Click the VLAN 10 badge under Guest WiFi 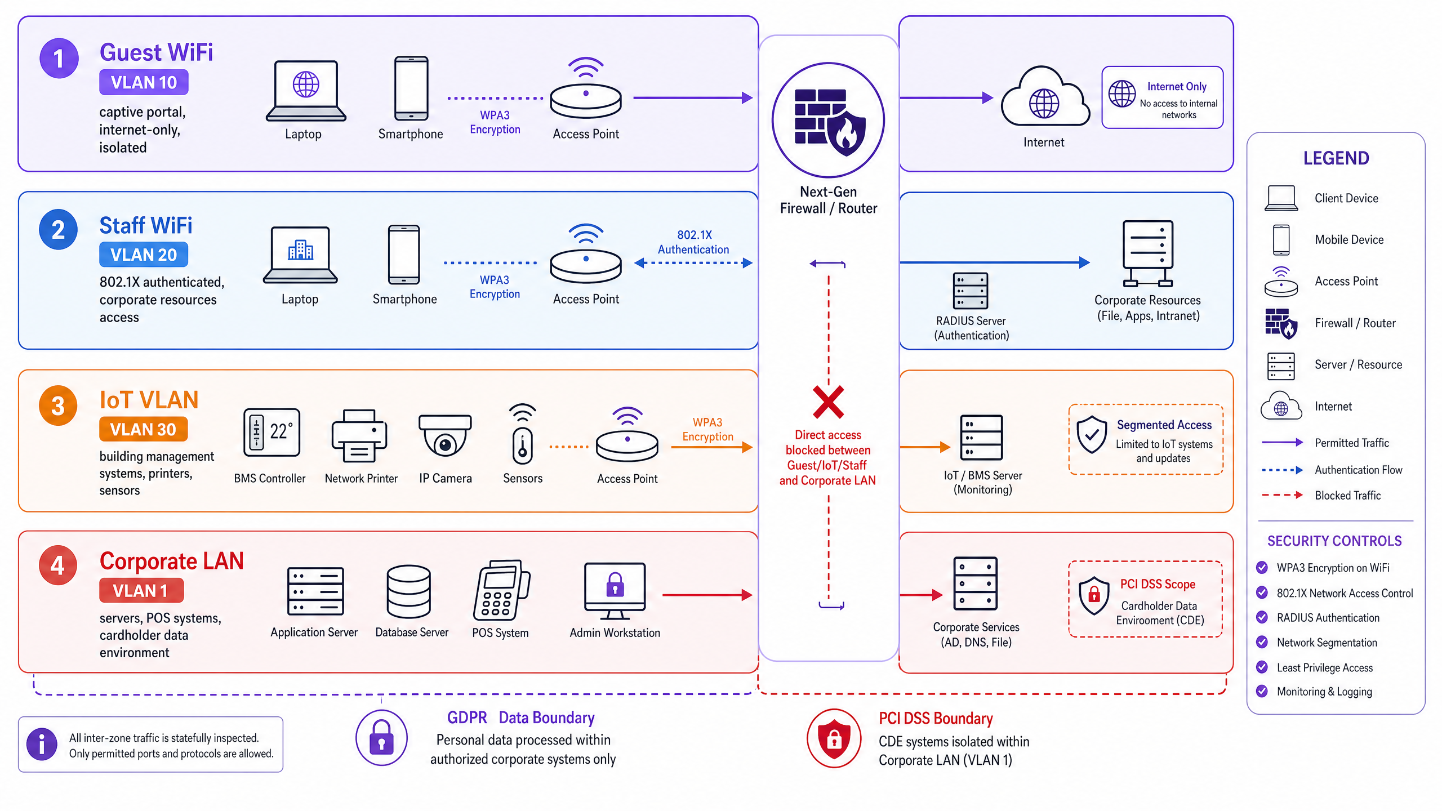(x=144, y=82)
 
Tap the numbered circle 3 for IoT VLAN (x=58, y=405)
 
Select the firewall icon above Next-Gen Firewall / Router (x=828, y=121)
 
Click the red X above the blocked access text (x=828, y=402)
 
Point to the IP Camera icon (x=445, y=435)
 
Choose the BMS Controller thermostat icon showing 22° (x=272, y=433)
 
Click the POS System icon (x=501, y=590)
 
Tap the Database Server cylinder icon (x=409, y=592)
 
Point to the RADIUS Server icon (x=970, y=291)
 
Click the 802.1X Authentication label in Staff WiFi (x=693, y=242)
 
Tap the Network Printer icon (x=359, y=436)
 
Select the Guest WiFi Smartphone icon (x=411, y=88)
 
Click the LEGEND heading (x=1336, y=158)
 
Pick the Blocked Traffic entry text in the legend (x=1348, y=496)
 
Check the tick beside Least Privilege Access (x=1262, y=667)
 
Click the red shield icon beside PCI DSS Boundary (x=834, y=738)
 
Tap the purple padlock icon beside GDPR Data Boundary (x=381, y=738)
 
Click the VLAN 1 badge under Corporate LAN (x=141, y=590)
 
